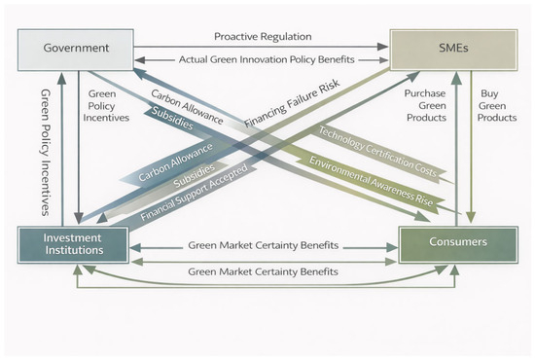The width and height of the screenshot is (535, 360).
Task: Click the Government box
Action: (x=76, y=50)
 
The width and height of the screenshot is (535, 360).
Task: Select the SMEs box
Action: (x=453, y=50)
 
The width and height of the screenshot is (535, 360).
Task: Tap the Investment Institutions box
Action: (x=73, y=244)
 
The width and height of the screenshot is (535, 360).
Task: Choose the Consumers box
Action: (x=458, y=244)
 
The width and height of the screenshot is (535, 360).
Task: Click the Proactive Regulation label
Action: (x=263, y=37)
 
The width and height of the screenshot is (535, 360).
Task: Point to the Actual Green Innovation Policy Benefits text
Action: (x=267, y=59)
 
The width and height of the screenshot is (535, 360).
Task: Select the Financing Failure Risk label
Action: (x=292, y=103)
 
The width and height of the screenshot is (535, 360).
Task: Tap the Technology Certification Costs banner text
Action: (x=377, y=151)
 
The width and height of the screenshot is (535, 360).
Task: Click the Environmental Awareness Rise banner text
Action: (x=371, y=181)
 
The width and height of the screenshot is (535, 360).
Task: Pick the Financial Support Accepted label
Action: (x=194, y=192)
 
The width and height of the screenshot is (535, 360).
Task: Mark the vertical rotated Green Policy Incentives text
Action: (x=46, y=153)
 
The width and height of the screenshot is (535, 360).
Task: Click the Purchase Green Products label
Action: (x=426, y=105)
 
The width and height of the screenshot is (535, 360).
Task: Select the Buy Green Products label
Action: (x=497, y=105)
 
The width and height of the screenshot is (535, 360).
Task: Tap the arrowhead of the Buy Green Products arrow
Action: (x=471, y=217)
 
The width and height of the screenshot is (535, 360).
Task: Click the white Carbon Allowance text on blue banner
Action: (x=175, y=162)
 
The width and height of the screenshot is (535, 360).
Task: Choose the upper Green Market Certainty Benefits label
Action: (x=263, y=245)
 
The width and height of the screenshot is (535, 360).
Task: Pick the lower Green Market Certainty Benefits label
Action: (x=263, y=272)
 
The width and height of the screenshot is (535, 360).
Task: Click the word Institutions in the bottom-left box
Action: (x=74, y=250)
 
